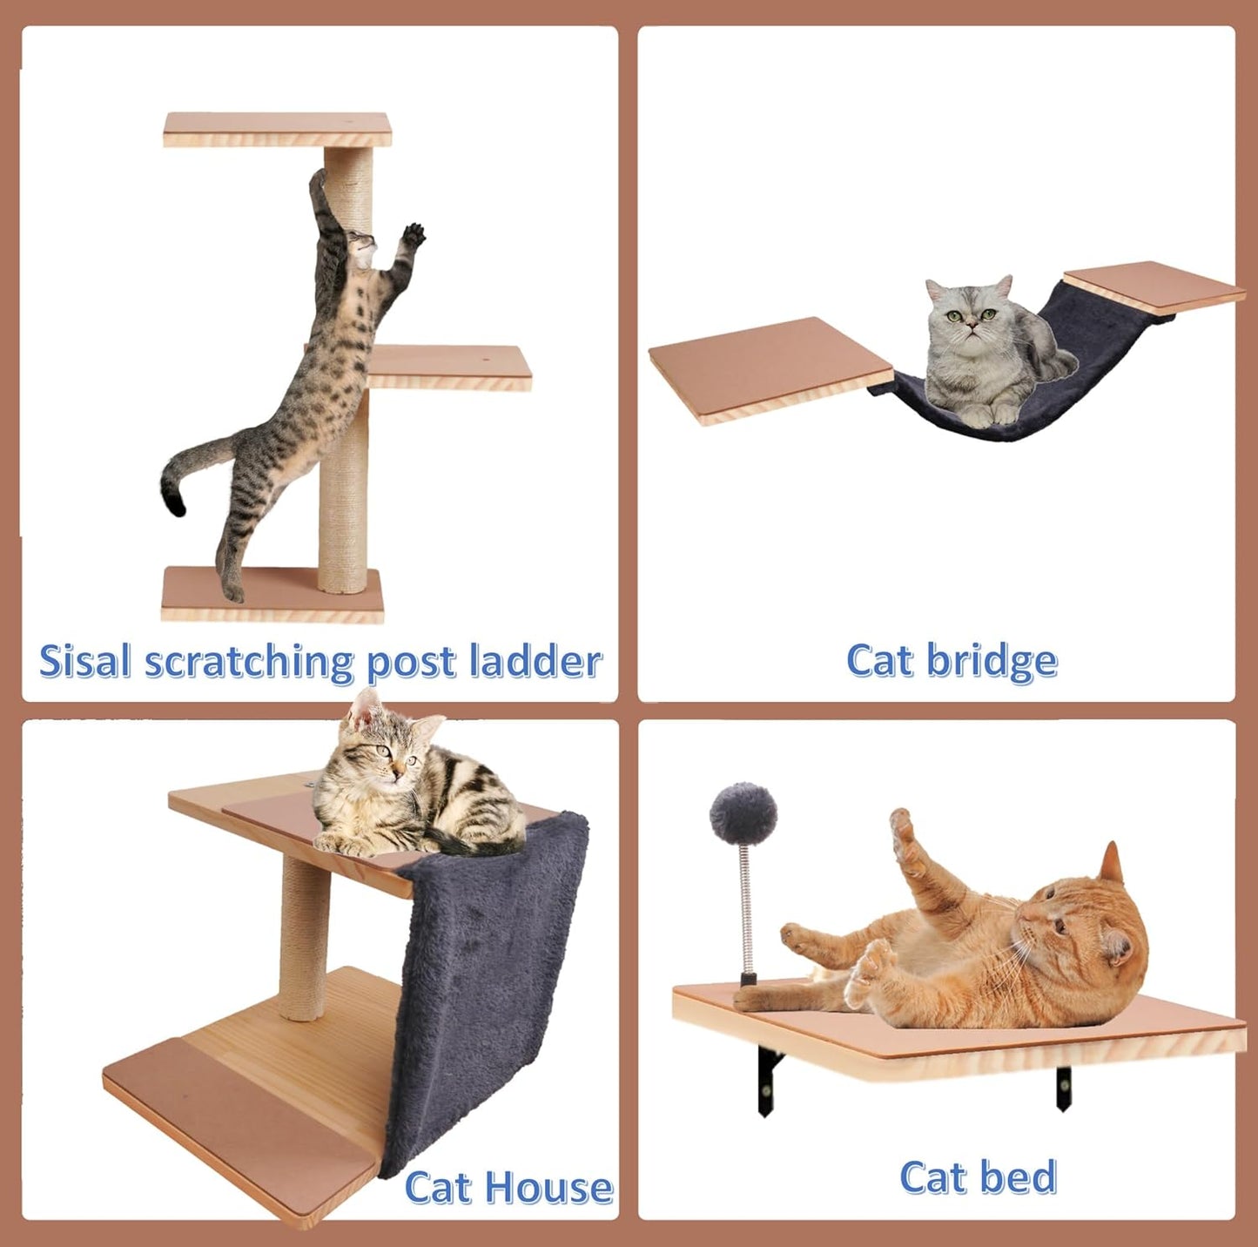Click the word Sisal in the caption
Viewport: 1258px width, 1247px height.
85,661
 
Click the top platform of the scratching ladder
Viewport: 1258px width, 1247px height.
277,128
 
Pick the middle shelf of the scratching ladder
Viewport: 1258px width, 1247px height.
448,366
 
